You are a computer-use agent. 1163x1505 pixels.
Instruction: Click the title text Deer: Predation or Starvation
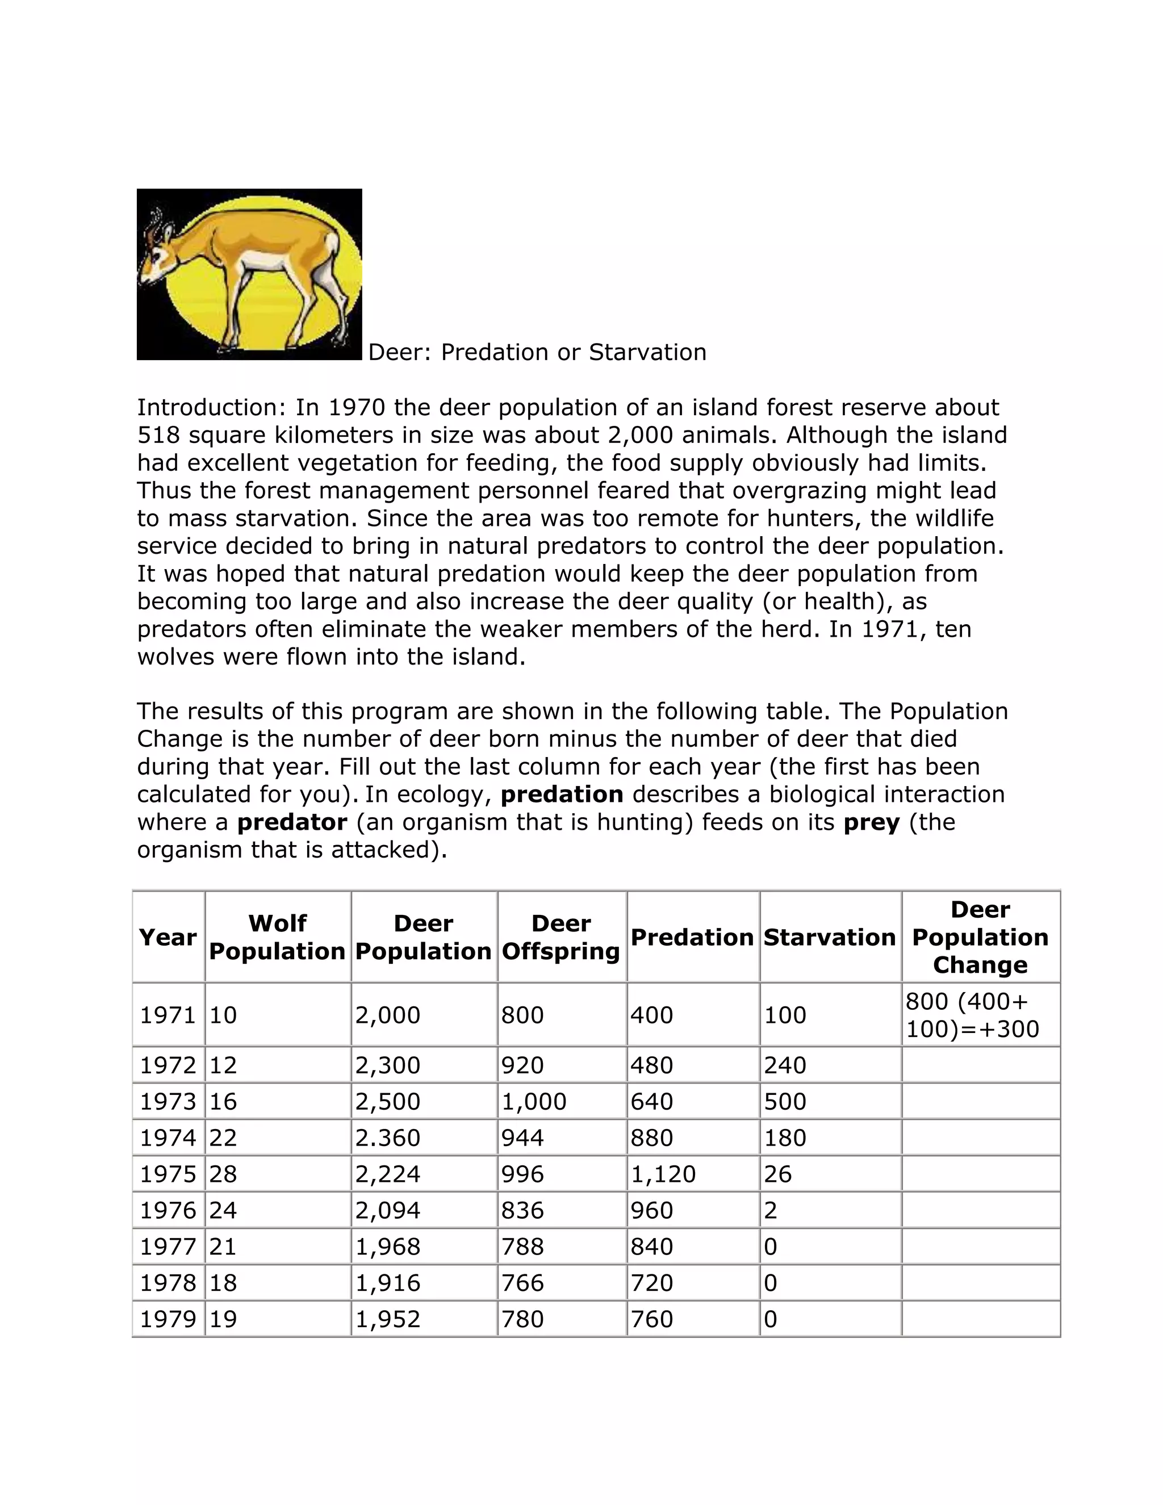(x=537, y=352)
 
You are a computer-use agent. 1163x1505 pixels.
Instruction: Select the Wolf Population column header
(x=277, y=937)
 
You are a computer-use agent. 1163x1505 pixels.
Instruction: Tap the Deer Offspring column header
(x=561, y=937)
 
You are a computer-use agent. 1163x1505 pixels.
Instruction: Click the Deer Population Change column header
(x=980, y=937)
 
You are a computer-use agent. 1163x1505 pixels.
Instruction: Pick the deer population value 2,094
(x=387, y=1211)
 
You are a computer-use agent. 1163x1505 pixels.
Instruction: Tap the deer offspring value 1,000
(x=533, y=1101)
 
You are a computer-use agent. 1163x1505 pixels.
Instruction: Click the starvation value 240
(x=785, y=1065)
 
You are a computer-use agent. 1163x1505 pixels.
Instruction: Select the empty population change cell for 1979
(x=980, y=1319)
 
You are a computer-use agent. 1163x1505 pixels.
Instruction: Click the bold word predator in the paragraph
(x=292, y=822)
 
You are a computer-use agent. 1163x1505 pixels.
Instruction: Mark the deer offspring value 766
(x=522, y=1283)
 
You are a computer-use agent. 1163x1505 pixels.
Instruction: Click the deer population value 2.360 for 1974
(x=387, y=1138)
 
